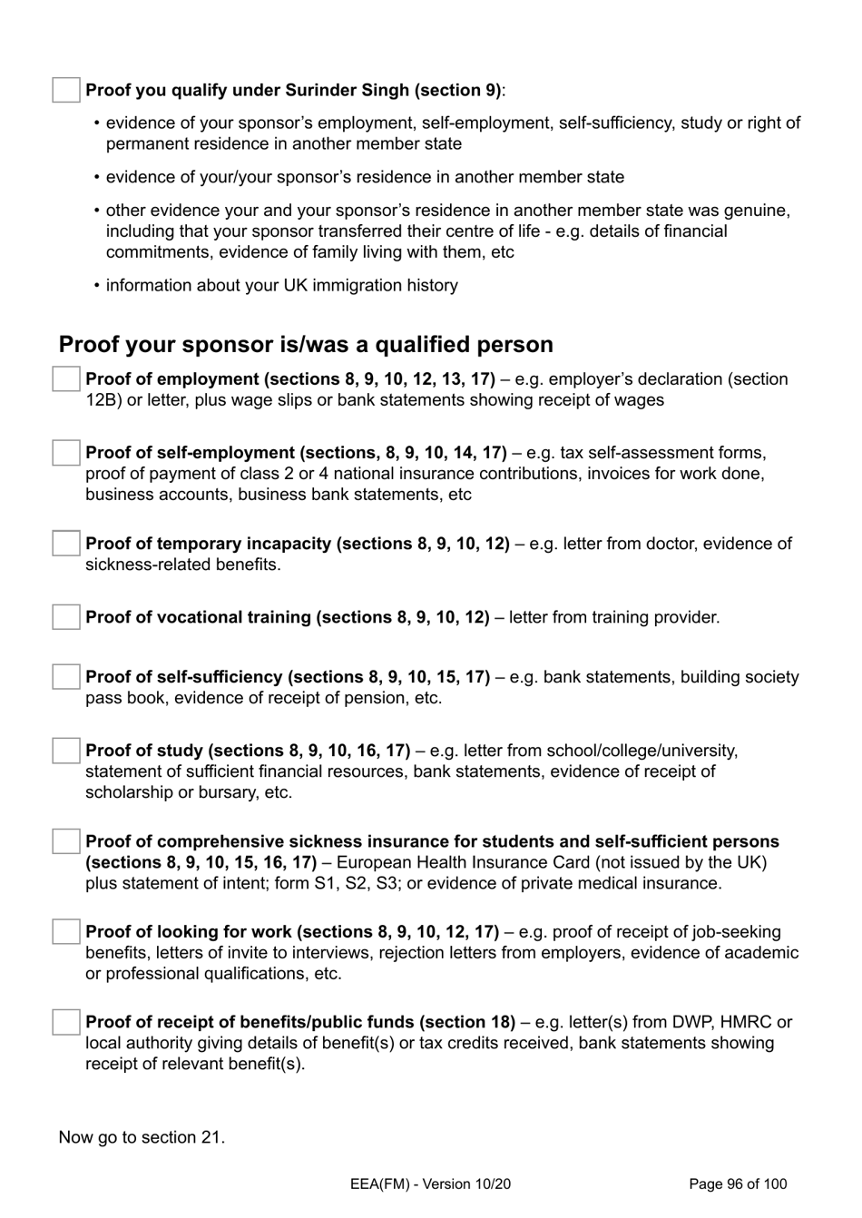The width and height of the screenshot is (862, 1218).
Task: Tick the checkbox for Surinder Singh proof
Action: [x=66, y=90]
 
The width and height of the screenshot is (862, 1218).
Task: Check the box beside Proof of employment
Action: [x=66, y=379]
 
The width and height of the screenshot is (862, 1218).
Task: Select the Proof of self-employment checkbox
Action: [x=66, y=453]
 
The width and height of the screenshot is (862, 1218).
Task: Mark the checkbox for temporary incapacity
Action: [x=66, y=544]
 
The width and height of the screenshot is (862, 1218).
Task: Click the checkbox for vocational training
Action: [x=66, y=617]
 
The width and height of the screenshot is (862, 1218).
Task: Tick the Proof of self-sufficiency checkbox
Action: [x=66, y=677]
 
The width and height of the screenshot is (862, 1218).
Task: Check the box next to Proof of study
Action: [x=66, y=751]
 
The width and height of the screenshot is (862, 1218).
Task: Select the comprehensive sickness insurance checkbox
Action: [x=66, y=841]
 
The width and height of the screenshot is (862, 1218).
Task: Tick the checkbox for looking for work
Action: [x=66, y=931]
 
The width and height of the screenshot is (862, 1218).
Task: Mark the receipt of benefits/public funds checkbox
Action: [x=66, y=1022]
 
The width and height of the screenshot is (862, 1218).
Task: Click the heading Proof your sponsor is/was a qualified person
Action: [x=306, y=345]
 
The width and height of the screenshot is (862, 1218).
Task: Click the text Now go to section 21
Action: [x=142, y=1137]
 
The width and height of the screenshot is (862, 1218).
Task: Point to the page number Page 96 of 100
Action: [x=738, y=1184]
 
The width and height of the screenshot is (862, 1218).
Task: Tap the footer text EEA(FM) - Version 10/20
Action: [x=430, y=1184]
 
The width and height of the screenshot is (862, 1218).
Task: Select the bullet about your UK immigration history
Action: [x=281, y=285]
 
